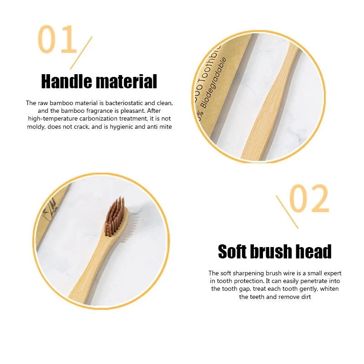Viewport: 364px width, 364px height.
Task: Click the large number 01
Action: (x=57, y=40)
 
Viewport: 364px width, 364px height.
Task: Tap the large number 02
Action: (x=309, y=199)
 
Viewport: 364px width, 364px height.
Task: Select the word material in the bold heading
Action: (x=128, y=82)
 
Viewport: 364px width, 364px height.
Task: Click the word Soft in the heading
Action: (x=236, y=252)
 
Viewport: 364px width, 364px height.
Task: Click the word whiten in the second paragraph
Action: (x=328, y=289)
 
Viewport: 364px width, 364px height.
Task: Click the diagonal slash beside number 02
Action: (x=287, y=212)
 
